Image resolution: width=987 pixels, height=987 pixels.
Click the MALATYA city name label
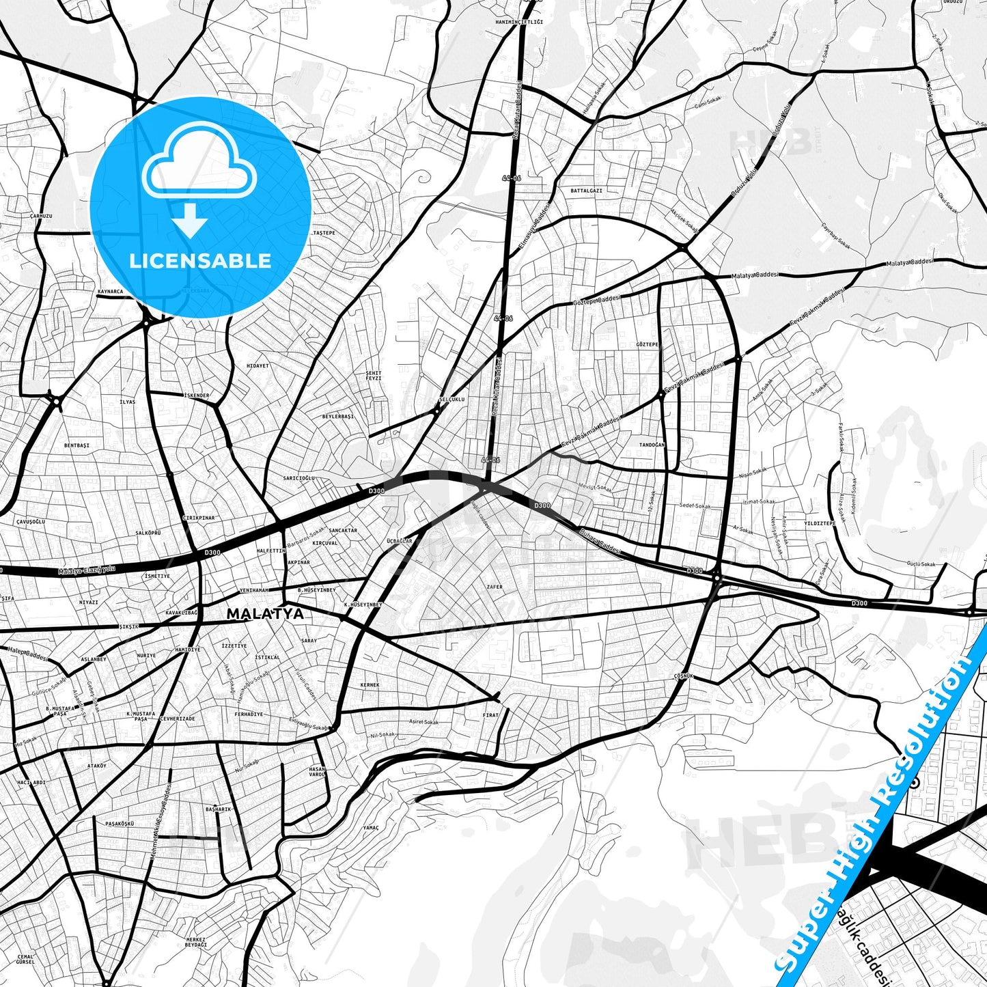coord(265,614)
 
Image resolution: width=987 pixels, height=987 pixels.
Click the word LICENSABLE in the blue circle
coord(200,261)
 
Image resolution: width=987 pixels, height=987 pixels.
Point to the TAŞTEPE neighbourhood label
coord(324,233)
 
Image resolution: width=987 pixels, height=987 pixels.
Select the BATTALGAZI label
coord(586,191)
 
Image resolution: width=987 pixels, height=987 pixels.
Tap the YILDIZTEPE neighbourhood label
coord(820,523)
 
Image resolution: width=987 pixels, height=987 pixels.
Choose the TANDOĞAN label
coord(651,445)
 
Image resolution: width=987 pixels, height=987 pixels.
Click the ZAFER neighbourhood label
coord(494,587)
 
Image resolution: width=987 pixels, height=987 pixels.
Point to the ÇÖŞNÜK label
coord(683,676)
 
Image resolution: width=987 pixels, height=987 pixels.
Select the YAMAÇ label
coord(370,828)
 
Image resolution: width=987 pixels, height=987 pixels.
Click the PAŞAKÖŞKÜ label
coord(120,824)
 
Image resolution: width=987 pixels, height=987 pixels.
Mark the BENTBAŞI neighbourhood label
coord(77,445)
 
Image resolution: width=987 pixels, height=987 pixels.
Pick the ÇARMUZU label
coord(41,216)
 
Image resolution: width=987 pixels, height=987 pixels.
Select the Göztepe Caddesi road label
coord(596,300)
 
